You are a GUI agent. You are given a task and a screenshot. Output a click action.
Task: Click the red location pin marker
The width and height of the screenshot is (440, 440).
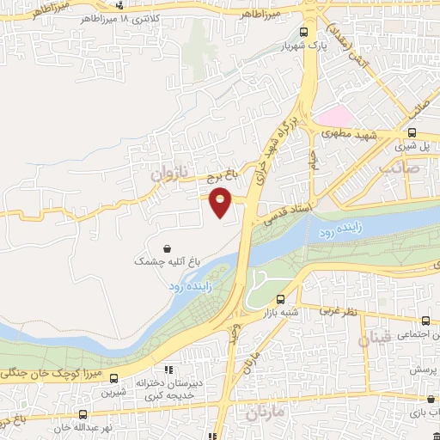pyautogui.click(x=221, y=200)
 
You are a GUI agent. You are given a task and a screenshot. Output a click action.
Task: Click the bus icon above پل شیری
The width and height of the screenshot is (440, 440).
pyautogui.click(x=413, y=132)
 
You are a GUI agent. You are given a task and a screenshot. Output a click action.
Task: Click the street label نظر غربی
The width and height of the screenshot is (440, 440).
pyautogui.click(x=339, y=308)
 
